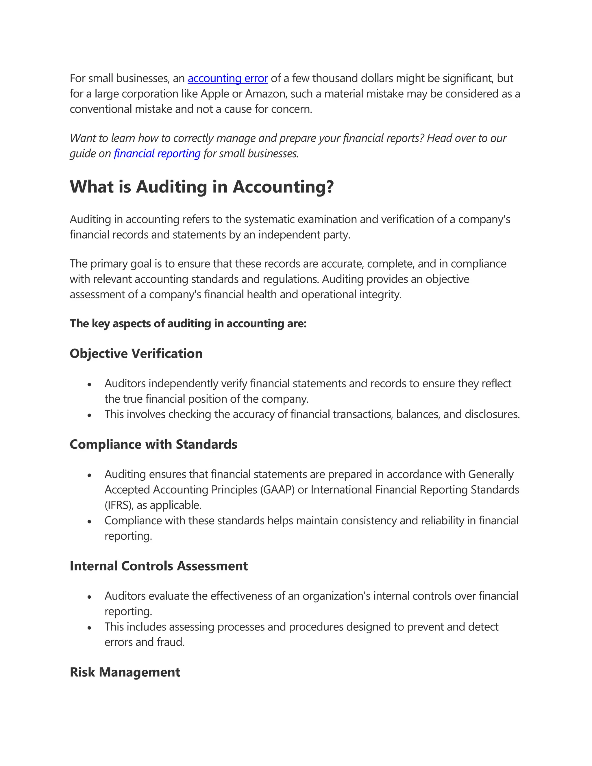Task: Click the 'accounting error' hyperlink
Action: click(227, 78)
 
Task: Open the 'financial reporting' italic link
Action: click(157, 153)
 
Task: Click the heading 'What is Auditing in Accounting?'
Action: click(202, 187)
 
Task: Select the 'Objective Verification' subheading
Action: click(136, 354)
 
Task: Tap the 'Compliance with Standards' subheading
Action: click(153, 444)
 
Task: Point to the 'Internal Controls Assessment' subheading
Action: click(158, 566)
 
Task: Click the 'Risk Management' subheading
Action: click(125, 672)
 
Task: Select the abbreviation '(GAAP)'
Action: click(277, 490)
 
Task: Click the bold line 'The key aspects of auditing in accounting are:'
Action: click(188, 323)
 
